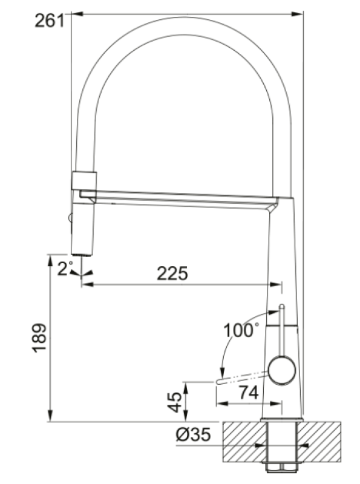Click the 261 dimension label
click(49, 21)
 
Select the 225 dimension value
click(172, 273)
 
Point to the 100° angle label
click(241, 330)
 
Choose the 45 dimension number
click(174, 401)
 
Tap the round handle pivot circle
click(282, 370)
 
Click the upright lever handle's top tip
click(281, 309)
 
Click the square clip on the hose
click(84, 180)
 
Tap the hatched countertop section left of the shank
click(243, 441)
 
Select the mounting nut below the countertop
click(281, 466)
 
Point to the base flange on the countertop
click(281, 419)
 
